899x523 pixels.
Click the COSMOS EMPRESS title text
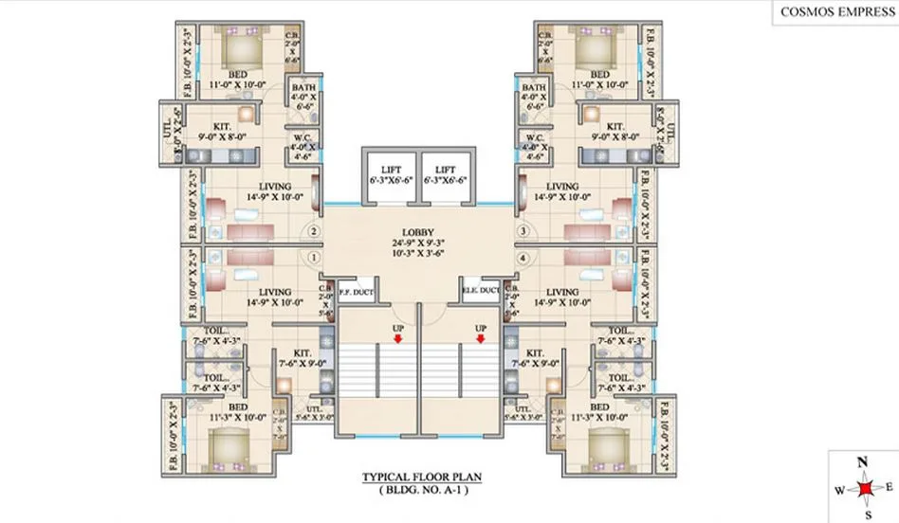point(833,12)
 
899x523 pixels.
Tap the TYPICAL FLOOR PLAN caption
point(418,478)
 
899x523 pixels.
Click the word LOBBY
point(418,232)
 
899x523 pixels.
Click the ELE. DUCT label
point(481,291)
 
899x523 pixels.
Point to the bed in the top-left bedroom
point(242,47)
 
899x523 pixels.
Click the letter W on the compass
point(838,491)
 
